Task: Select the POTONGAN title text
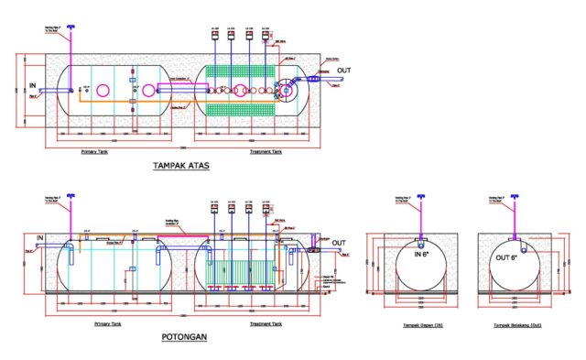click(183, 336)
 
